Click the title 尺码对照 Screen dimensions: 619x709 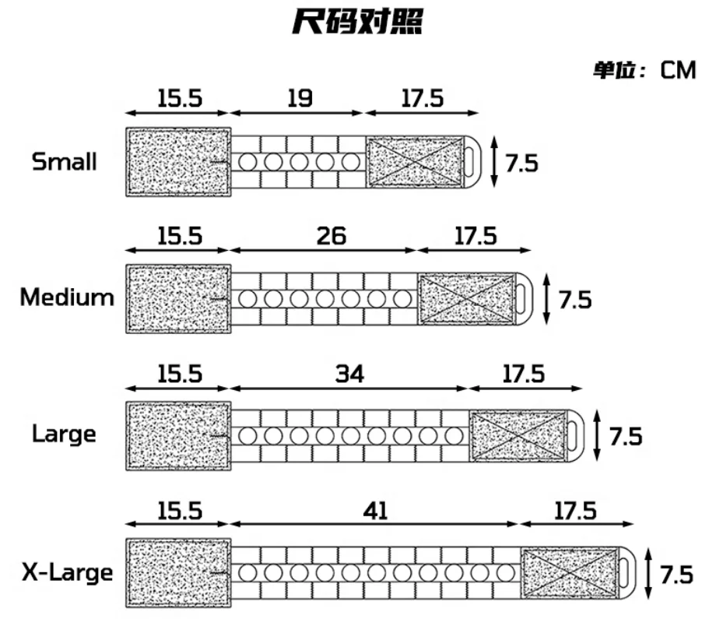[357, 23]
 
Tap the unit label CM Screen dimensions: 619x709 [677, 70]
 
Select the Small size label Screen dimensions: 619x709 [65, 162]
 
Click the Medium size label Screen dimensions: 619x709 [67, 297]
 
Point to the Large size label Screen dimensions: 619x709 [65, 433]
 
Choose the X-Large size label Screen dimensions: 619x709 [67, 574]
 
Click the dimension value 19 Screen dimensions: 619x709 [299, 98]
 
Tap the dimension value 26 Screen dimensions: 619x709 [332, 236]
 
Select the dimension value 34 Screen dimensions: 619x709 [349, 374]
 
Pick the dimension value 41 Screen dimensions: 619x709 [375, 511]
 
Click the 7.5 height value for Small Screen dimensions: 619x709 [521, 164]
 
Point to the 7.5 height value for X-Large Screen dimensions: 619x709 [676, 575]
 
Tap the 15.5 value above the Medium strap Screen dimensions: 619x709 [179, 236]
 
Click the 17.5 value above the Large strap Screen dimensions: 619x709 [522, 374]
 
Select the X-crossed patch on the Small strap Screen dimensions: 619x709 [414, 162]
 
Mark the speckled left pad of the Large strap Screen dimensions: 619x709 [178, 436]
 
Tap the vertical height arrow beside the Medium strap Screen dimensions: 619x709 [546, 298]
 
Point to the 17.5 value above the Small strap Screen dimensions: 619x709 [423, 98]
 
